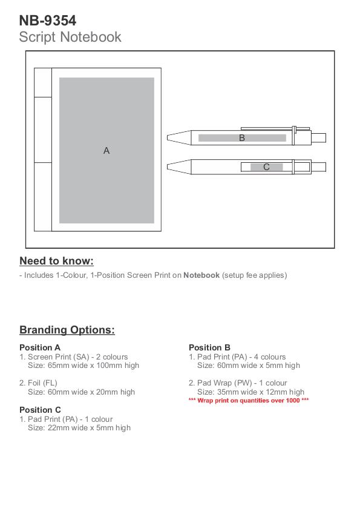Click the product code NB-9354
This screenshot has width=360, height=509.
coord(48,21)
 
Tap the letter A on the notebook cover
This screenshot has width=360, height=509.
coord(106,151)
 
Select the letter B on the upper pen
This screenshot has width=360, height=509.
coord(242,138)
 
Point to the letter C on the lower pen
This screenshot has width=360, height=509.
coord(266,167)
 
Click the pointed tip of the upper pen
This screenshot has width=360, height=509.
coord(168,137)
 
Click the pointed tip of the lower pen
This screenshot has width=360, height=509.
coord(168,166)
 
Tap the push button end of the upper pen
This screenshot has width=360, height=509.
coord(319,137)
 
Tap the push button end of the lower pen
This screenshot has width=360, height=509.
coord(318,167)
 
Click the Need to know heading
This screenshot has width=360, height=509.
coord(56,261)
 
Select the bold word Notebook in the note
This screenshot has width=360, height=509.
coord(201,275)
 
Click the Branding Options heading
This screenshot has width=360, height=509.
coord(67,330)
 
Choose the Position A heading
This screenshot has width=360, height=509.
coord(40,347)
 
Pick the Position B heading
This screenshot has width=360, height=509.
coord(209,347)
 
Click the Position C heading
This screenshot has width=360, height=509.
coord(41,410)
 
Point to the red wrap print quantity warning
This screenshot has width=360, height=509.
coord(249,401)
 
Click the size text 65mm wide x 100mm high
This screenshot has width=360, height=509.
coord(93,366)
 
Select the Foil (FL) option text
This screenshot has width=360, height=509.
coord(38,383)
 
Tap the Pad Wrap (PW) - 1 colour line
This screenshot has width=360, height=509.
coord(238,383)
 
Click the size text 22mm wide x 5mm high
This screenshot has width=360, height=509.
coord(89,428)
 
